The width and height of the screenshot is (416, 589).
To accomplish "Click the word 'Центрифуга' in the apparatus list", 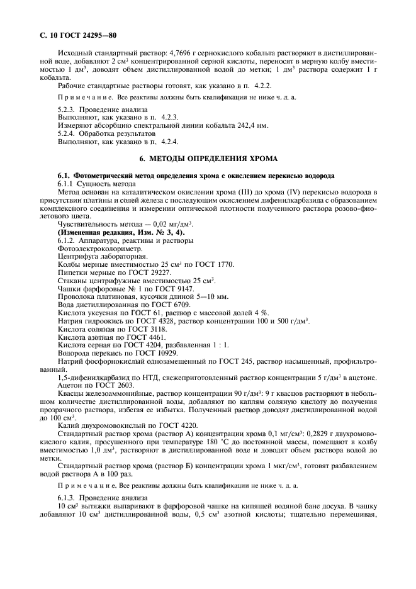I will coord(79,257).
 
